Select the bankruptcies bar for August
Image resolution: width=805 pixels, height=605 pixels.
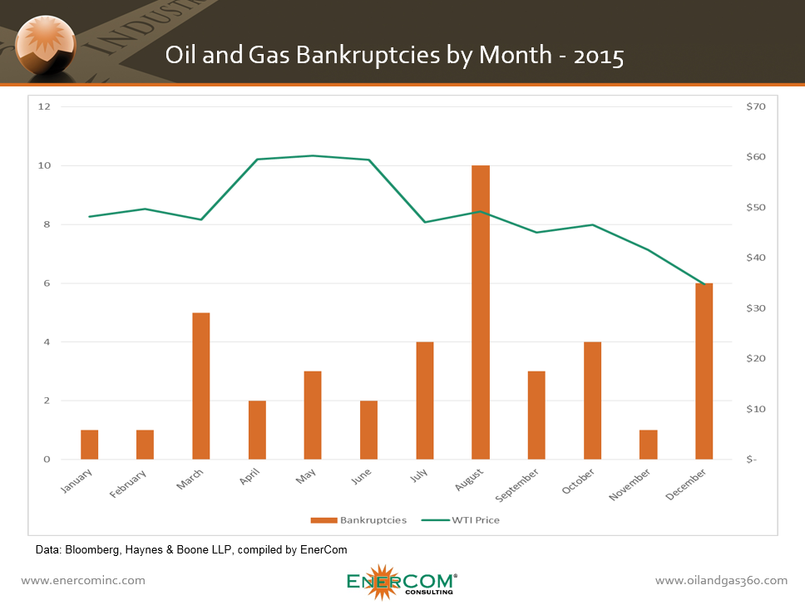[481, 312]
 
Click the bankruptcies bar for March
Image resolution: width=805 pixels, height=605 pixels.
[201, 386]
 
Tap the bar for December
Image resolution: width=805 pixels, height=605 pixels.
[704, 371]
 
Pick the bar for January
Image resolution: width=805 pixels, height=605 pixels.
[90, 445]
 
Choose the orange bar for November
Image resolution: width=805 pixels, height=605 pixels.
[648, 445]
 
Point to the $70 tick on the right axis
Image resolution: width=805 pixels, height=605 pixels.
[755, 107]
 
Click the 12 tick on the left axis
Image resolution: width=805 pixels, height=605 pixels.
[45, 107]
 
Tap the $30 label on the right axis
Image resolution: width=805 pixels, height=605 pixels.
[755, 308]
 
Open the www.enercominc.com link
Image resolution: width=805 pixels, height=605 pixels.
[82, 580]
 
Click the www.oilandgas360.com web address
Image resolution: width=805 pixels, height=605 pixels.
[721, 580]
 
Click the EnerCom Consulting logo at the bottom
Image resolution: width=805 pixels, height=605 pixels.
[401, 580]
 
